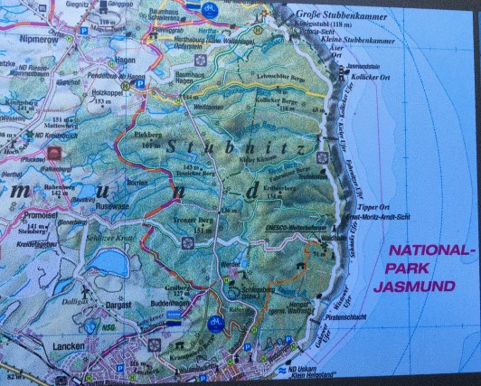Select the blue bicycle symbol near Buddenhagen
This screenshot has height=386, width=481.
click(215, 320)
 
